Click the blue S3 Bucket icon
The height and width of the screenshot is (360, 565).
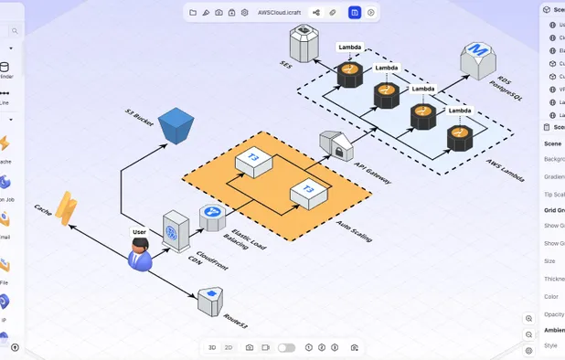click(176, 125)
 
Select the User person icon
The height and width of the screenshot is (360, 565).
click(140, 254)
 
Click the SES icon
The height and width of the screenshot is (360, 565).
click(304, 43)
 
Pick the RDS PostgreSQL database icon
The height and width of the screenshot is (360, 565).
click(477, 60)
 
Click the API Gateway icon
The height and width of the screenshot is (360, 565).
click(335, 145)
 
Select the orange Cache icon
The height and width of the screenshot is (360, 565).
click(66, 208)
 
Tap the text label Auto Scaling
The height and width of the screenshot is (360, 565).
click(354, 230)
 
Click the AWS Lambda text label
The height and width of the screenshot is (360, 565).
click(505, 170)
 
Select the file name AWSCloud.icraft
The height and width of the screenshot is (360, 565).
click(279, 13)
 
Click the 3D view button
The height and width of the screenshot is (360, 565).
click(212, 348)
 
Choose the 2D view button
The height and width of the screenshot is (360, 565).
click(229, 348)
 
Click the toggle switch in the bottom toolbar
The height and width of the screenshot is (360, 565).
click(286, 348)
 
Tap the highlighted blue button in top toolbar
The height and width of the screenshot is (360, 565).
click(355, 13)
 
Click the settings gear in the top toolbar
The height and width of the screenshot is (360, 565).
click(245, 13)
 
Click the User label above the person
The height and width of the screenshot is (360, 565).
click(139, 232)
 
